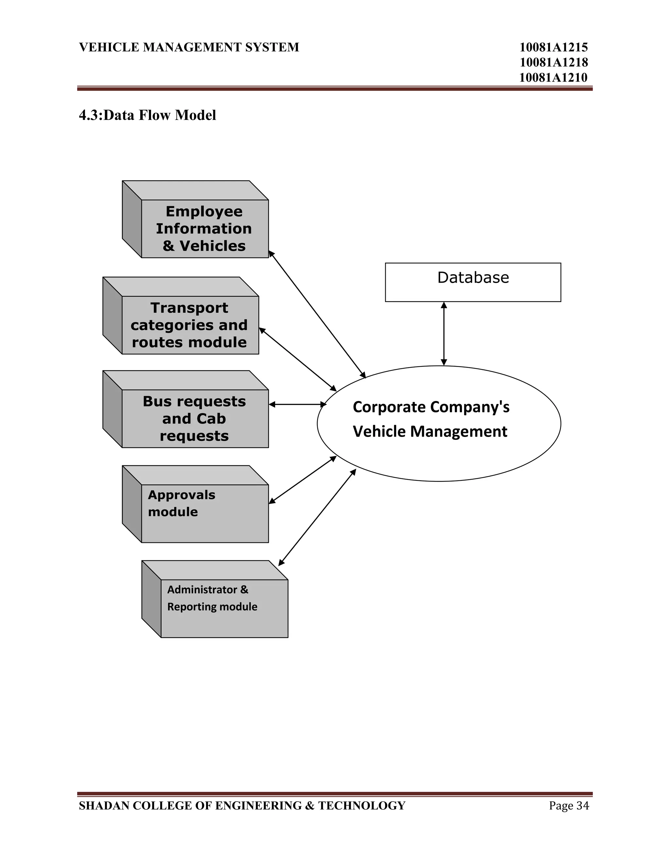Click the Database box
[x=473, y=282]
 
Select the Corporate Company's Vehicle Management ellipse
[x=439, y=423]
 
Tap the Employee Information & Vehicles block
[x=204, y=228]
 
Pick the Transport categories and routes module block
[x=190, y=325]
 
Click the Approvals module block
[x=204, y=513]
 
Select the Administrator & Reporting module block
[x=224, y=608]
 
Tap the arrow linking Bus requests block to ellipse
[x=297, y=405]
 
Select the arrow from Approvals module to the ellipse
[x=303, y=480]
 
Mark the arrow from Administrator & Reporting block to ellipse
[x=317, y=517]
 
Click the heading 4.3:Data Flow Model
[x=147, y=115]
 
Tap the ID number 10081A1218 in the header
[x=553, y=62]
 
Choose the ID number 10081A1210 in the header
[x=553, y=77]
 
